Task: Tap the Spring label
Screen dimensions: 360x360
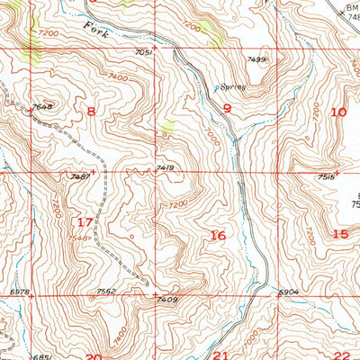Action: (231, 87)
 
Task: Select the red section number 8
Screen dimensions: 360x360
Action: (90, 111)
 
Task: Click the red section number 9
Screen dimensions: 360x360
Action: (228, 109)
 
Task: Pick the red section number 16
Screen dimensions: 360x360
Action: (217, 235)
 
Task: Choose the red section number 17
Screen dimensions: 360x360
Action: (85, 222)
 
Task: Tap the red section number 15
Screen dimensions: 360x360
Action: (339, 234)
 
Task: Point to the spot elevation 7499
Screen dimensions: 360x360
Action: (256, 59)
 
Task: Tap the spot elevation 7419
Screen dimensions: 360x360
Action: (164, 167)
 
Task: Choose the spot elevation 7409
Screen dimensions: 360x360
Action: (166, 299)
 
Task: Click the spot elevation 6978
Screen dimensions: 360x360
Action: (19, 292)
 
